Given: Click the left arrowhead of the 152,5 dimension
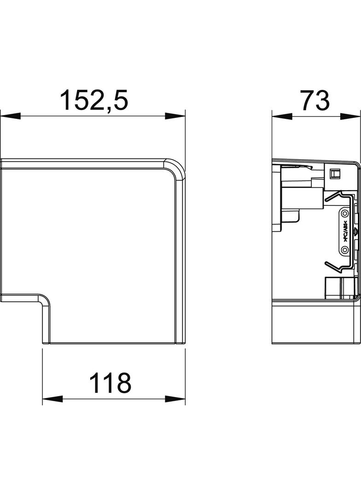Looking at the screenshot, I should (10, 116).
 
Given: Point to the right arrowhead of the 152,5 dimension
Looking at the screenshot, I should (175, 116).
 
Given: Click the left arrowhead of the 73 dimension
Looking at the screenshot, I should (281, 116).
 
